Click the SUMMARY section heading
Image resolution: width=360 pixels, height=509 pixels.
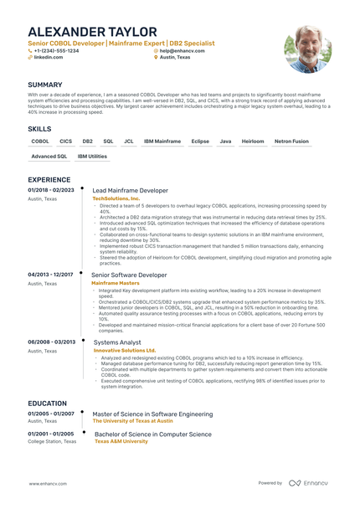(44, 85)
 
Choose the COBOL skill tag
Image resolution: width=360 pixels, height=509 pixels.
(41, 141)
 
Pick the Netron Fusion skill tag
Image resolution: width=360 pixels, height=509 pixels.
(291, 141)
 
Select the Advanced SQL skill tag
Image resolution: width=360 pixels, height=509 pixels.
(49, 156)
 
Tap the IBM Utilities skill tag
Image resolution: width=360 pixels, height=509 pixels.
(92, 156)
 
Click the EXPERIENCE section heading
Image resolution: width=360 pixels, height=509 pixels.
(49, 179)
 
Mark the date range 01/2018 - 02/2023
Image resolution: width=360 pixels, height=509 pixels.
(51, 190)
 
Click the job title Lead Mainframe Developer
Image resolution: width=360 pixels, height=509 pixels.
(130, 190)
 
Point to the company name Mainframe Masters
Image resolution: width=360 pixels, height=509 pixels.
(116, 283)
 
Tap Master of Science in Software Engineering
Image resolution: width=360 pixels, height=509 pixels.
(152, 414)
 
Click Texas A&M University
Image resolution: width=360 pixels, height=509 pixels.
(121, 441)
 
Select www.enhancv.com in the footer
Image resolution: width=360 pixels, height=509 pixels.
(48, 483)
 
